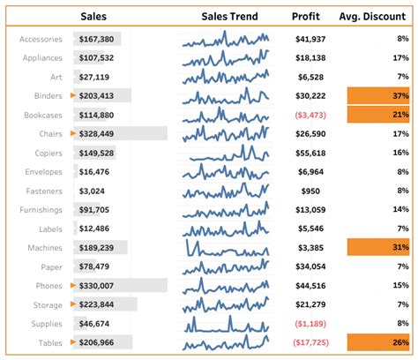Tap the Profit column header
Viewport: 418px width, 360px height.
pos(306,16)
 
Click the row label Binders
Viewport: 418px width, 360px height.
pos(44,96)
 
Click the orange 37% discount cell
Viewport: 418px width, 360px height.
pos(378,96)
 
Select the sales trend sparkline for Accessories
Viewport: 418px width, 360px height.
pos(226,39)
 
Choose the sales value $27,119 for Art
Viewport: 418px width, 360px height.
pos(93,77)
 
